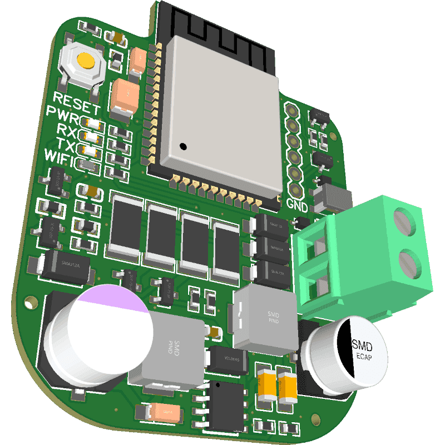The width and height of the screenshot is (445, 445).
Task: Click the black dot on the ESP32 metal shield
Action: (x=182, y=147)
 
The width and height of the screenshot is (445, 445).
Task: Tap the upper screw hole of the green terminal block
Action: (x=404, y=221)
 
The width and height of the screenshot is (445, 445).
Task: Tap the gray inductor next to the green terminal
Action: (x=265, y=320)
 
